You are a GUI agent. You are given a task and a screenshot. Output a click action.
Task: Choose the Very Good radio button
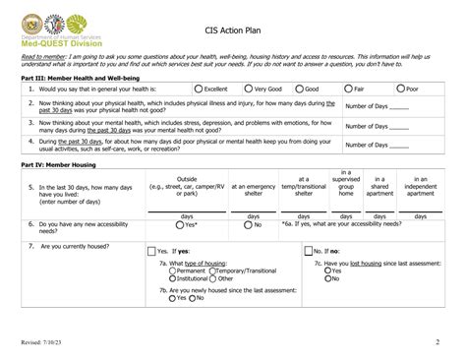[x=247, y=89]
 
